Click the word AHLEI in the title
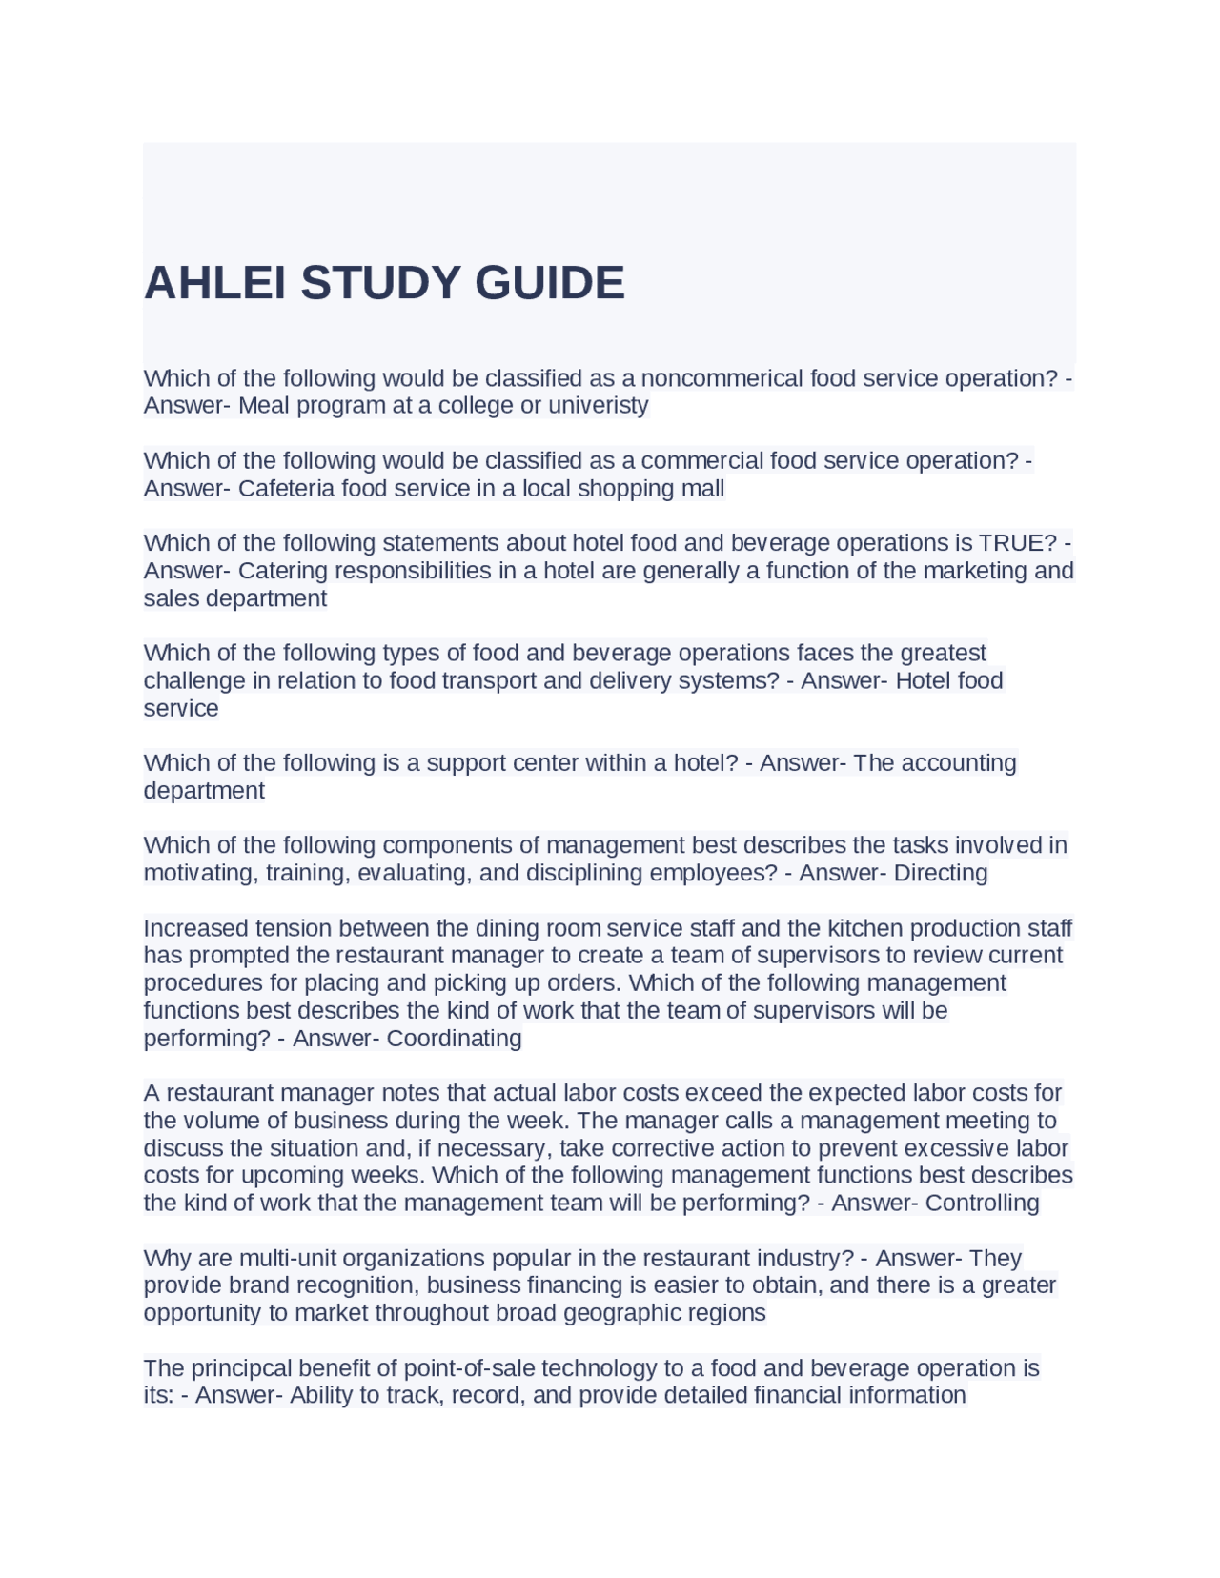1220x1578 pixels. click(214, 283)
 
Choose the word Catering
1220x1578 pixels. click(277, 571)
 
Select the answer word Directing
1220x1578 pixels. click(941, 873)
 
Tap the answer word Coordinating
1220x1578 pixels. click(454, 1038)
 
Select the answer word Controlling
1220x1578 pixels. click(982, 1203)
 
